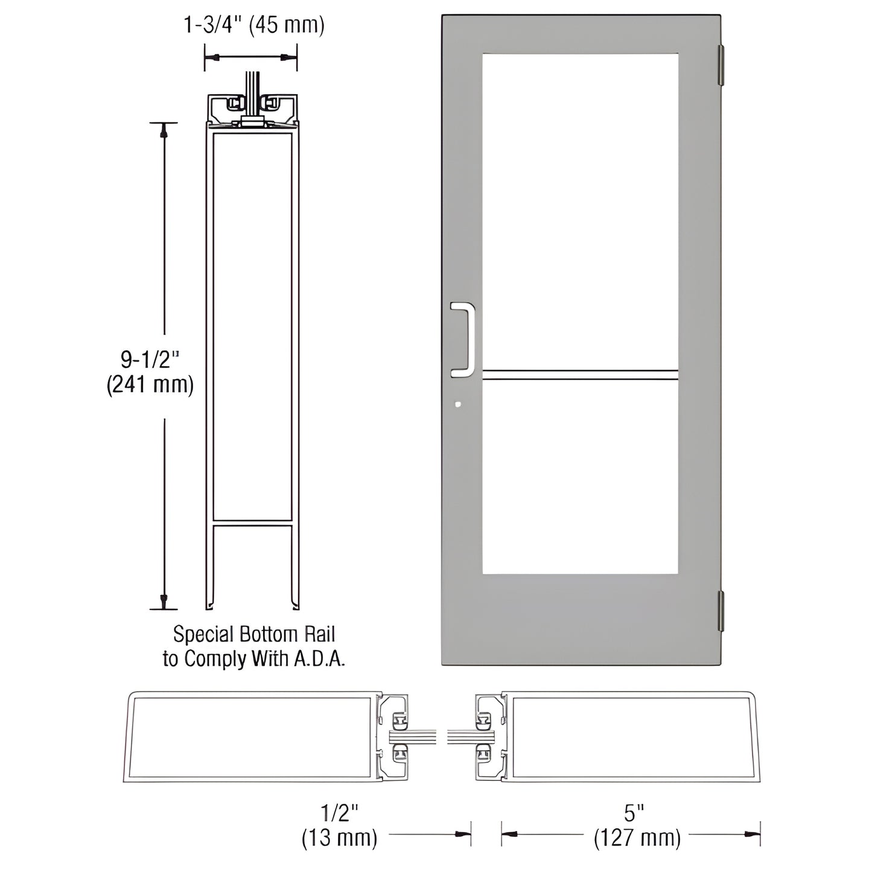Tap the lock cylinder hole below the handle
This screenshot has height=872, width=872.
[459, 405]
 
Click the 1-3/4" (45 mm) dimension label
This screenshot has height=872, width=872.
[253, 25]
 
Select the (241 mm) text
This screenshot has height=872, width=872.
[150, 384]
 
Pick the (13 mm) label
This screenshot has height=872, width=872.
[339, 838]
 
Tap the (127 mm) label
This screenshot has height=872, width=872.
[637, 838]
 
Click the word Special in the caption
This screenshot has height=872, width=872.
[203, 634]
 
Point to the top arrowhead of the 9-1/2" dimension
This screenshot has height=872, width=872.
[164, 130]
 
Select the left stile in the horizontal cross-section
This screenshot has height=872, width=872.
[250, 737]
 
